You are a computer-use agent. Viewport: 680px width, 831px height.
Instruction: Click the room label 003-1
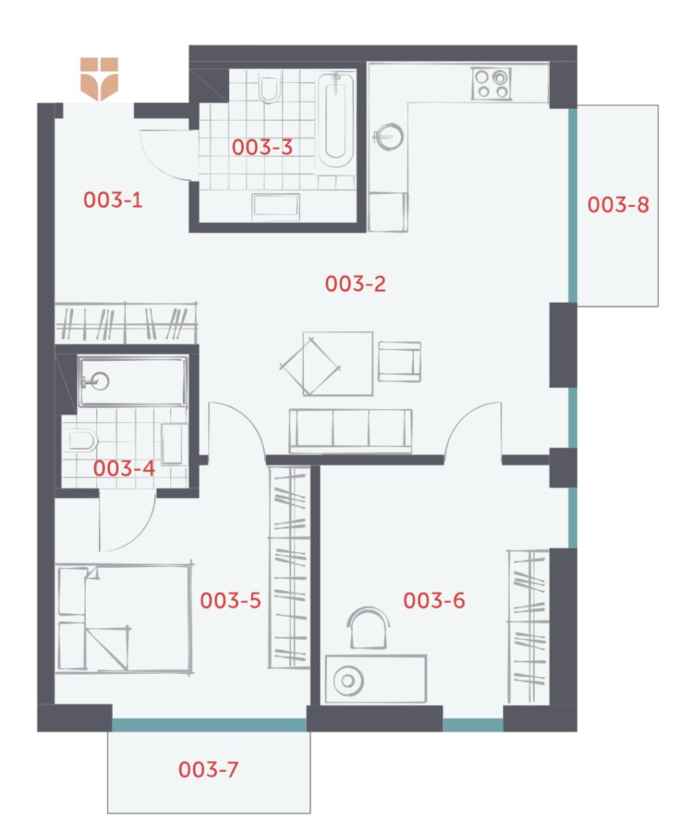pos(113,200)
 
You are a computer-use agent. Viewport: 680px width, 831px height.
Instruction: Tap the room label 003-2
pos(355,283)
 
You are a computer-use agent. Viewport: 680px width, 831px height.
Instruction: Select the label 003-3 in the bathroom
pos(262,147)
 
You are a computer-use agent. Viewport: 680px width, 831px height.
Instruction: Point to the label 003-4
pos(124,468)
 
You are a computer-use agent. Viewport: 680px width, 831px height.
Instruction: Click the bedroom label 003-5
pos(231,600)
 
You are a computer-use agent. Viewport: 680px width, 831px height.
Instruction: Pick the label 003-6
pos(434,600)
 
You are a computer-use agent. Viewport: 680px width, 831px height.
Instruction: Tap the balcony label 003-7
pos(208,769)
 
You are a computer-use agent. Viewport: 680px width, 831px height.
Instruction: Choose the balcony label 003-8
pos(618,204)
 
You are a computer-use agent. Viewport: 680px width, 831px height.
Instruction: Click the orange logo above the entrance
pos(99,79)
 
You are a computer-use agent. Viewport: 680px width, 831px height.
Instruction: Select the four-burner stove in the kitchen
pos(492,83)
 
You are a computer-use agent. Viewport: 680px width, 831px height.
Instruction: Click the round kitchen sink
pos(389,136)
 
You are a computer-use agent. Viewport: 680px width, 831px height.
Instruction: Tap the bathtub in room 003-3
pos(335,120)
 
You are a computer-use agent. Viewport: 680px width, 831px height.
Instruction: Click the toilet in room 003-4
pos(83,440)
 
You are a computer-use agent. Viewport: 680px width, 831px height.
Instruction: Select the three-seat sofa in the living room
pos(350,431)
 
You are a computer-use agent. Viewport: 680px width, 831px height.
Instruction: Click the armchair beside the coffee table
pos(400,362)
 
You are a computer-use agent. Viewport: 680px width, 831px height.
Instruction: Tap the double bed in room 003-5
pos(124,619)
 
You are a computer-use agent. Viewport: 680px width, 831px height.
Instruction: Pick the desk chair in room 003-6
pos(368,628)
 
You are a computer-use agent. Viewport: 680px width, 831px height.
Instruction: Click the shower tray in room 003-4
pos(132,381)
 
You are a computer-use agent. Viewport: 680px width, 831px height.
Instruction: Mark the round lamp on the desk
pos(348,680)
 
